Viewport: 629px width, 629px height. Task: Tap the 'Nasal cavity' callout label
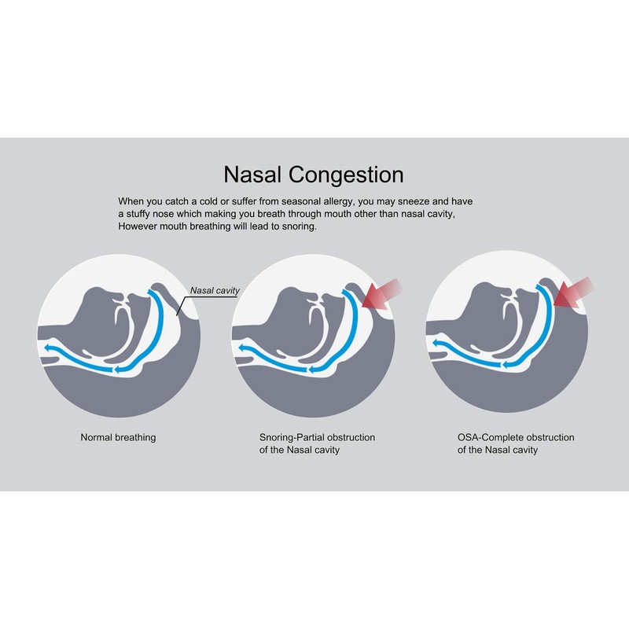(x=215, y=291)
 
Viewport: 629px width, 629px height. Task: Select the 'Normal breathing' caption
(x=118, y=437)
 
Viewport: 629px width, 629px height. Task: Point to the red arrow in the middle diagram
(x=381, y=300)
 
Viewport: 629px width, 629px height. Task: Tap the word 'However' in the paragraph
(x=138, y=226)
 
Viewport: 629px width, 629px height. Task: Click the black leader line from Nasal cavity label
(x=183, y=303)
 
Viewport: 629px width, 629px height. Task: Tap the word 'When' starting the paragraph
(x=131, y=201)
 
